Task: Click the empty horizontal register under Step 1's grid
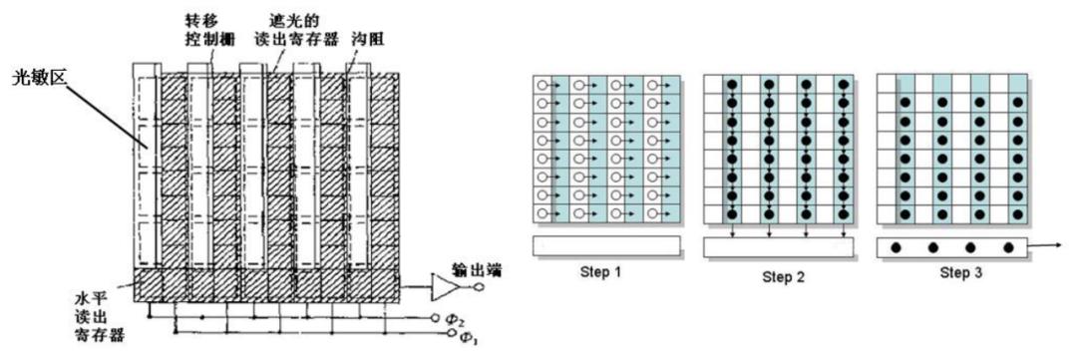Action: (x=606, y=245)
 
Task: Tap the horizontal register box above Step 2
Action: (x=779, y=246)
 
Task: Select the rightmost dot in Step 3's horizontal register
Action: (x=1009, y=246)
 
